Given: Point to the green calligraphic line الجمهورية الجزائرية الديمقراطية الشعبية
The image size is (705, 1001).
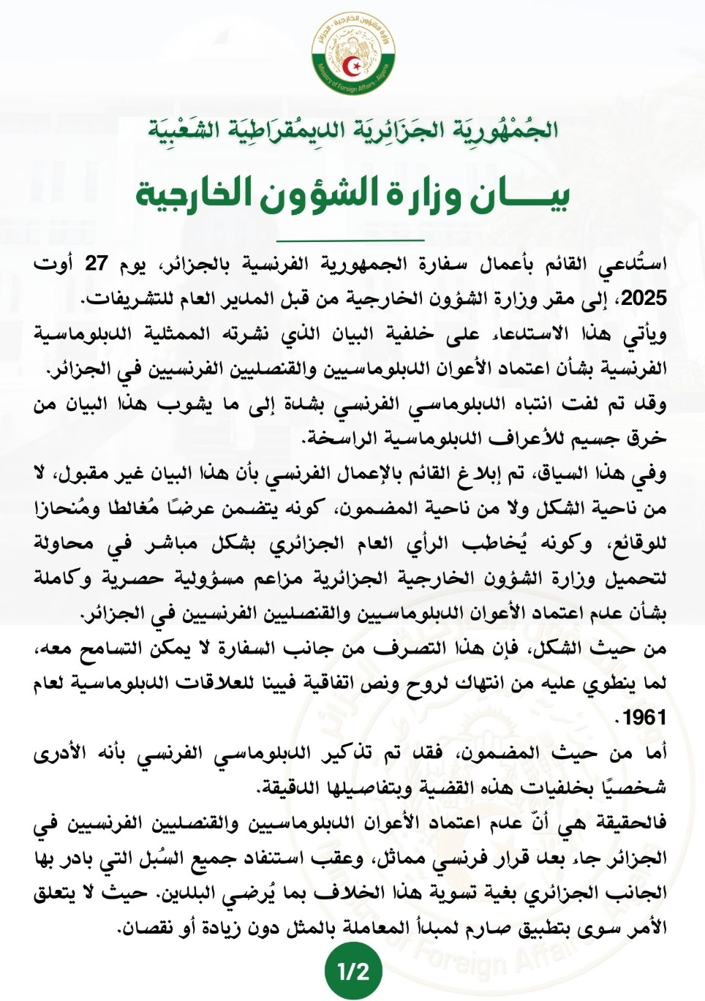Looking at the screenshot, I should click(x=353, y=129).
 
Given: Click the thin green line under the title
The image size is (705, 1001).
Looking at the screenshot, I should click(x=353, y=240).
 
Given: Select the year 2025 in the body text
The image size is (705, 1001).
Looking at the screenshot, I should click(x=644, y=298).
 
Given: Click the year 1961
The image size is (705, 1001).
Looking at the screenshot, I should click(x=644, y=717).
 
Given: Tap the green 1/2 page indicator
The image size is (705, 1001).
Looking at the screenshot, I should click(x=353, y=971).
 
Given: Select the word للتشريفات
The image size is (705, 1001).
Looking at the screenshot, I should click(x=119, y=298).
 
